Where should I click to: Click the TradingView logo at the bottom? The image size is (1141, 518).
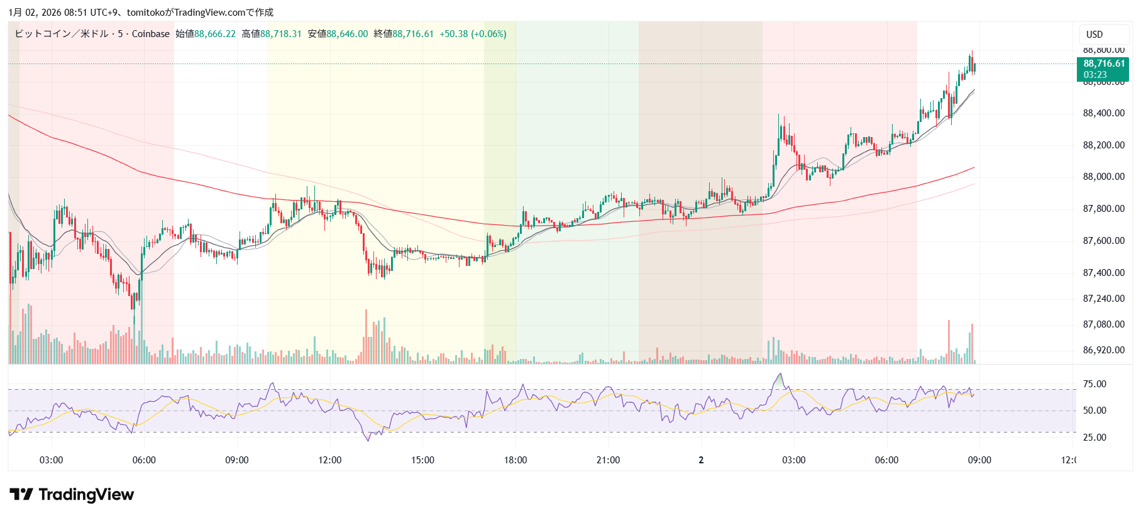click(x=72, y=495)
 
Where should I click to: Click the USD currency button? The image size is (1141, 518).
click(x=1094, y=35)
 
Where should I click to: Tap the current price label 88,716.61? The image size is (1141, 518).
click(x=1103, y=63)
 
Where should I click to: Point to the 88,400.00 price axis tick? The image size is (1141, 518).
click(x=1103, y=113)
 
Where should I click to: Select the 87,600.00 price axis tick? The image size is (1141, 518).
click(x=1103, y=241)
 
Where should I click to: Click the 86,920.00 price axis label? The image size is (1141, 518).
click(x=1103, y=350)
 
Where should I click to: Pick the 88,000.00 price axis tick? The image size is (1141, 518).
click(x=1103, y=177)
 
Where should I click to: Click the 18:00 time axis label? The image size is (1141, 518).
click(x=515, y=460)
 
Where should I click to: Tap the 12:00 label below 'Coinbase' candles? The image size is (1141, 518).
click(x=329, y=460)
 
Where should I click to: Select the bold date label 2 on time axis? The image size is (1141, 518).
click(x=701, y=460)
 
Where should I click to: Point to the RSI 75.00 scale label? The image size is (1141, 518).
click(x=1094, y=384)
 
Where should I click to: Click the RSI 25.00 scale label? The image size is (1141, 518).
click(x=1094, y=438)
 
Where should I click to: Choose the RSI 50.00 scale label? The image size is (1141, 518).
click(x=1094, y=411)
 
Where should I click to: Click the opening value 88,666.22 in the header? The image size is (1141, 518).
click(x=214, y=34)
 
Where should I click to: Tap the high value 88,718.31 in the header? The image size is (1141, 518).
click(x=281, y=34)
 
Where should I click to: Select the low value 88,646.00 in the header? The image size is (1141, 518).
click(x=347, y=34)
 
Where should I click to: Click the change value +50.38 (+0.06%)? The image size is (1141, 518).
click(x=473, y=34)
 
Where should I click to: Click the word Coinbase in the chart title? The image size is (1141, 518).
click(x=151, y=34)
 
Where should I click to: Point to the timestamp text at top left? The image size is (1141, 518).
click(x=141, y=13)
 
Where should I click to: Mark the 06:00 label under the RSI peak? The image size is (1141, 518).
click(x=886, y=460)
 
